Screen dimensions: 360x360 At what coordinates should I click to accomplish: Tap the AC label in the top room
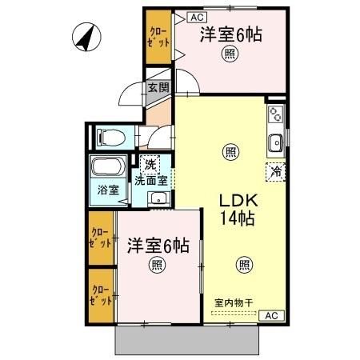point(198,15)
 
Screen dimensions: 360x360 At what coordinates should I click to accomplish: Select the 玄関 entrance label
point(158,88)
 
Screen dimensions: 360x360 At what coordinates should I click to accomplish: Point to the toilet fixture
point(109,136)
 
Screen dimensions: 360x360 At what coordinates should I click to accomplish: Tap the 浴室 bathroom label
point(107,190)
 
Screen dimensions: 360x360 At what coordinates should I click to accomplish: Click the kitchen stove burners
point(276,114)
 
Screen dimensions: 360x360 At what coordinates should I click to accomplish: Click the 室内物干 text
point(233,302)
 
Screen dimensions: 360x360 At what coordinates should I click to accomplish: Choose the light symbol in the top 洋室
point(230,54)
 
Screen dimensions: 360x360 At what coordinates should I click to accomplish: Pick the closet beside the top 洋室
point(158,38)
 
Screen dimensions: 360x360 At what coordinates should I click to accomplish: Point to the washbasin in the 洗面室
point(159,198)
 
